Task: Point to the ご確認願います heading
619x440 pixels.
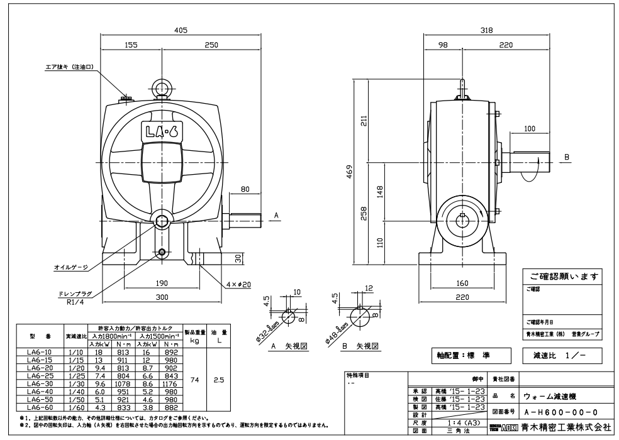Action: click(560, 277)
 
